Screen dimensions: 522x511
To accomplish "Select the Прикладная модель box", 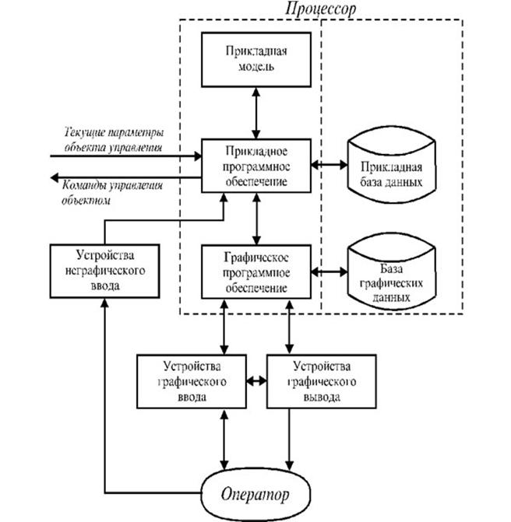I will coord(255,60).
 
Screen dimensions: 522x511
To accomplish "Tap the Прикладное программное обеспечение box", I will coord(255,166).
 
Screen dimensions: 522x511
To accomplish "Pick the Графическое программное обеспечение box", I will coord(255,272).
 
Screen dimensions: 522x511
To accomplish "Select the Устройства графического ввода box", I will coord(190,381).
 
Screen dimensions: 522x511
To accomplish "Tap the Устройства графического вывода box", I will coord(319,381).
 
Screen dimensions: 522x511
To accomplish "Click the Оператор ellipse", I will coord(255,493).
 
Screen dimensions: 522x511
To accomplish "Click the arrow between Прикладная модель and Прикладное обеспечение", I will coord(255,113).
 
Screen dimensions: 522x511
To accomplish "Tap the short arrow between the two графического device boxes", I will coord(255,381).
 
